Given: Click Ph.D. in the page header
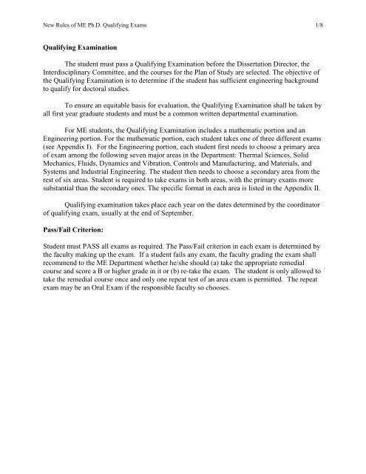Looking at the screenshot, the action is click(x=89, y=28).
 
